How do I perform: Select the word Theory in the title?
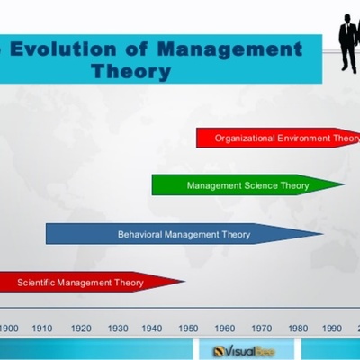pos(131,71)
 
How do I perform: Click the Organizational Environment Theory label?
pos(286,139)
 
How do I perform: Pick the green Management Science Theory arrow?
pos(247,185)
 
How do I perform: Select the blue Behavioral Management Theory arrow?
pos(184,235)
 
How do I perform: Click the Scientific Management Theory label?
pos(80,283)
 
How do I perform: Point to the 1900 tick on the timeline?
pos(9,328)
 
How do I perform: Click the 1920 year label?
pos(81,328)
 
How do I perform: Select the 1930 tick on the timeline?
pos(117,328)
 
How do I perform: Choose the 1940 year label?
pos(153,328)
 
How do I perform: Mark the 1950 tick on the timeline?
pos(189,328)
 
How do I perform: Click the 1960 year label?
pos(225,328)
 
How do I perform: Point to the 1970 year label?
pos(261,328)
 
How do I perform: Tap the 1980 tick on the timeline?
pos(297,328)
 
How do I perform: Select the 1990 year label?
pos(333,328)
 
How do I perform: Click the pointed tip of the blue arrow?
pos(322,235)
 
